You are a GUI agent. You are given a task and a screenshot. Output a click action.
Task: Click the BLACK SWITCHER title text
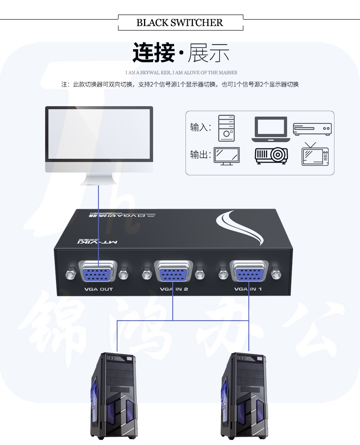pos(180,22)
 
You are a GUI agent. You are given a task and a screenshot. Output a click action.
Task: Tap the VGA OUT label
pos(98,289)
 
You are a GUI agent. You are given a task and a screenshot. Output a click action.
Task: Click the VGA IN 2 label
pos(174,289)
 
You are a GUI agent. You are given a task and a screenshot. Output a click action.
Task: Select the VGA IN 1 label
pos(249,289)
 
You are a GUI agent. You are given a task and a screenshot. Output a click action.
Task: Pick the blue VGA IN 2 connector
pos(173,273)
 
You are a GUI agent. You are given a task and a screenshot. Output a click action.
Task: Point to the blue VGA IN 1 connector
pos(249,273)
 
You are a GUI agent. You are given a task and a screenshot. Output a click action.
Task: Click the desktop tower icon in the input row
pos(226,128)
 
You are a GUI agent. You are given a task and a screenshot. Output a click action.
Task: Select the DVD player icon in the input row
pos(312,129)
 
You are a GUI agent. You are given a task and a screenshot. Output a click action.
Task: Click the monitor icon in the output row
pos(227,155)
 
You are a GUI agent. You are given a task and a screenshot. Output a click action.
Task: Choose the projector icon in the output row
pos(271,155)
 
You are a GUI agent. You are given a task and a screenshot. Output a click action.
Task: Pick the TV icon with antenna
pos(315,154)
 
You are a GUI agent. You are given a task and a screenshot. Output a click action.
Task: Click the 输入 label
pos(201,128)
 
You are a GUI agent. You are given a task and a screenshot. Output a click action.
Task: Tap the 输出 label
pos(201,154)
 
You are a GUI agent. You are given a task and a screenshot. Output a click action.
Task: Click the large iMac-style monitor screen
pos(99,133)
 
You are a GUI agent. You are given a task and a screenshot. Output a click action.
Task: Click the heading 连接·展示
pos(180,53)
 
